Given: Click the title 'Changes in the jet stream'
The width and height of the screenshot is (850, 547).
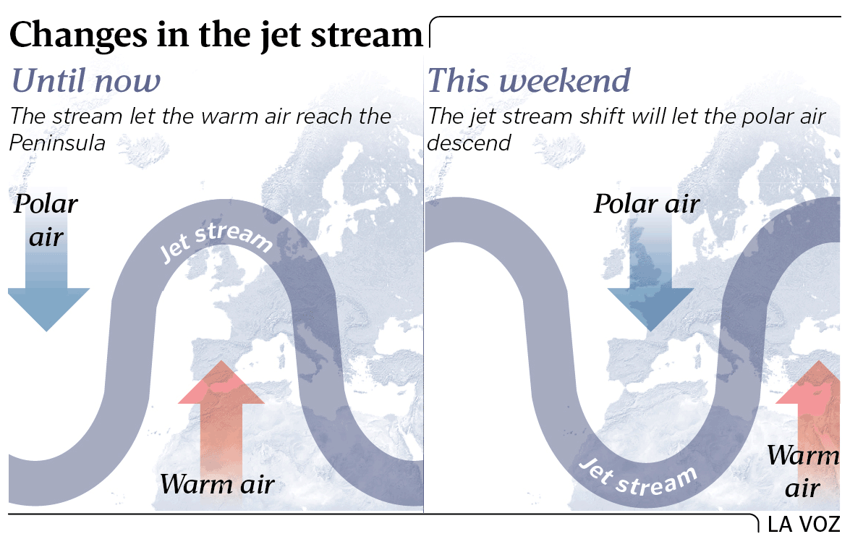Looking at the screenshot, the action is click(216, 35).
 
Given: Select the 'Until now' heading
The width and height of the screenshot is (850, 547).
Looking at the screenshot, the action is click(85, 81).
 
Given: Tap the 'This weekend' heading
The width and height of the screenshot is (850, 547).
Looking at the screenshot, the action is click(529, 80).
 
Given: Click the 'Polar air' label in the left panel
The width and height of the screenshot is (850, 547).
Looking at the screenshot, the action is click(46, 221).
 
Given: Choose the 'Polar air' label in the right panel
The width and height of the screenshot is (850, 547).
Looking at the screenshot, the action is click(647, 204).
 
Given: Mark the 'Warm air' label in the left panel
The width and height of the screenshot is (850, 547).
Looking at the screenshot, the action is click(217, 483).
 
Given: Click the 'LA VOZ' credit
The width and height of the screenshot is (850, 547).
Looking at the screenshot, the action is click(804, 525).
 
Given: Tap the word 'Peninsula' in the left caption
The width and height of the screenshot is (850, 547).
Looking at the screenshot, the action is click(57, 143).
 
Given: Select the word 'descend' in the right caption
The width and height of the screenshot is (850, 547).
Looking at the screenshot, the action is click(469, 143).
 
